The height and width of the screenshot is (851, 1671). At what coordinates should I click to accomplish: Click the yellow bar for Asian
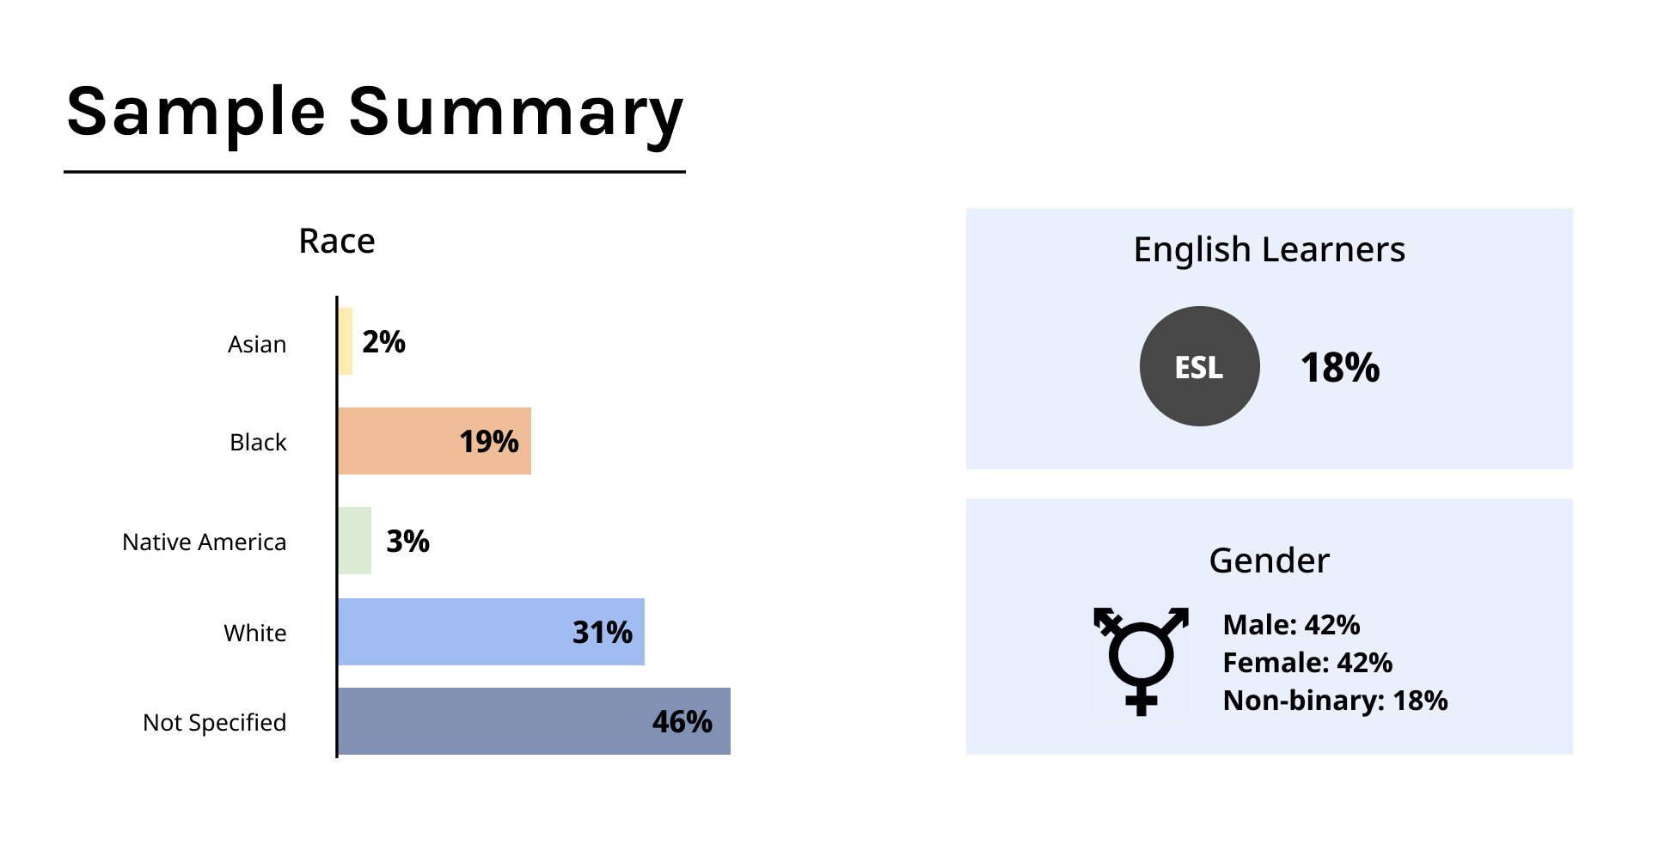click(346, 341)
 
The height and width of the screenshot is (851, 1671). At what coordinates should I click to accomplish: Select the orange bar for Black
click(435, 441)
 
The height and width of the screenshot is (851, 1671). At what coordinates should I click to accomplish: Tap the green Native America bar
click(355, 541)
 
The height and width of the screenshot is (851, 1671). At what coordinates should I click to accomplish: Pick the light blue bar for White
click(492, 632)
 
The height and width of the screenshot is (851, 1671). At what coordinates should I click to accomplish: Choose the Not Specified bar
click(535, 721)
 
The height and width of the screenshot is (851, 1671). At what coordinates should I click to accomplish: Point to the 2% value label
click(383, 342)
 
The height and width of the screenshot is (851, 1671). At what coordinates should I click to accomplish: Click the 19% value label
click(489, 442)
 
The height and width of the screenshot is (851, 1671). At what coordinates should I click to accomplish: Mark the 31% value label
click(603, 633)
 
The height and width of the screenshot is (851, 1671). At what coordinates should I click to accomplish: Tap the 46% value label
click(682, 722)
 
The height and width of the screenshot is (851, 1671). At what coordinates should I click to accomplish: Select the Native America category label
click(205, 542)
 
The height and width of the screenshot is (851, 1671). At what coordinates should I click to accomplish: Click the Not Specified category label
click(215, 723)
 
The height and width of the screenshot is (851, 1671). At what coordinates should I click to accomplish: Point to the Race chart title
click(337, 242)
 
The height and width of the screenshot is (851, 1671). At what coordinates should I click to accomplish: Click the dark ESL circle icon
click(1200, 366)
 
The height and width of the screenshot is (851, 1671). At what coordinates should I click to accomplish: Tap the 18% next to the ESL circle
click(1340, 368)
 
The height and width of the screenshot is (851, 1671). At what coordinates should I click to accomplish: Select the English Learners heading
click(1270, 250)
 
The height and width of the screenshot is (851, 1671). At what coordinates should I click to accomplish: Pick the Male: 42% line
click(1292, 625)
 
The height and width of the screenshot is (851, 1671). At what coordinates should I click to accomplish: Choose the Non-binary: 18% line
click(1336, 701)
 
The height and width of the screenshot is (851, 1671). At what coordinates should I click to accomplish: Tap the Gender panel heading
click(1270, 560)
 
